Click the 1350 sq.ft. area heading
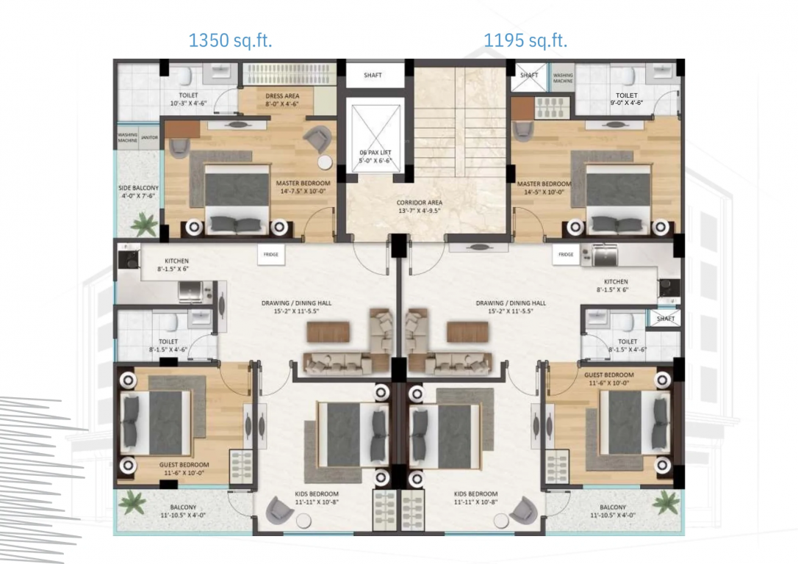pos(231,40)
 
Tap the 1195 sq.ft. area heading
pos(525,40)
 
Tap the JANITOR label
pos(150,137)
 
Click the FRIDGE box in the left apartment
pos(267,255)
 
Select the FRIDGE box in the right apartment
pos(566,255)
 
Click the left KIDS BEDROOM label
pos(312,497)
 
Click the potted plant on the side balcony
pos(145,223)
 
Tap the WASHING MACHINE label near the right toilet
pos(564,78)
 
